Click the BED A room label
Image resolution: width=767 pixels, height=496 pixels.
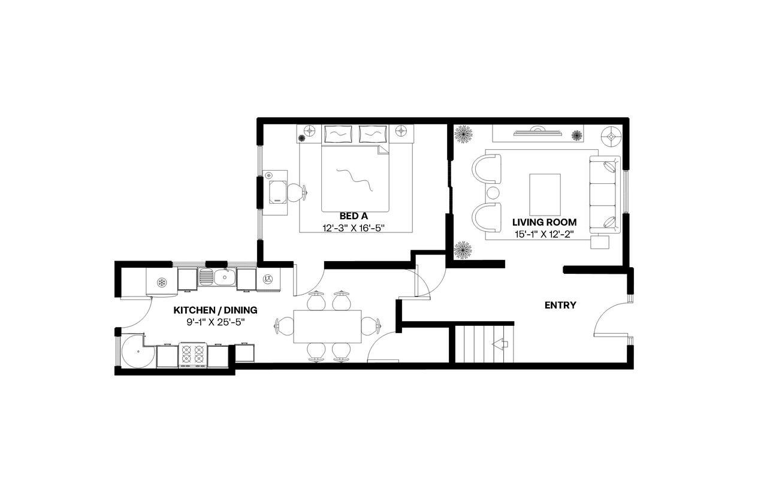click(x=353, y=216)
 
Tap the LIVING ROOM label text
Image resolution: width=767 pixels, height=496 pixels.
click(x=544, y=223)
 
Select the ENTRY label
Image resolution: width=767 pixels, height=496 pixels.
click(x=560, y=306)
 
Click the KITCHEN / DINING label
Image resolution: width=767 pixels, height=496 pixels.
click(x=215, y=310)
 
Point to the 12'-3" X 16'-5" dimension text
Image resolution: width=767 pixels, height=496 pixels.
click(x=353, y=228)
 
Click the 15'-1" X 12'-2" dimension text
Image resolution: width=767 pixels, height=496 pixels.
click(x=544, y=234)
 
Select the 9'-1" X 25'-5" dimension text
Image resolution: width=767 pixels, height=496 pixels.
click(x=215, y=322)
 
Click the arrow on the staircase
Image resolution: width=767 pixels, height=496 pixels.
click(x=500, y=344)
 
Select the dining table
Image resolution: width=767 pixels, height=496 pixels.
click(x=327, y=326)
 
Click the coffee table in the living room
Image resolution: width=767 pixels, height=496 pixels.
click(x=545, y=195)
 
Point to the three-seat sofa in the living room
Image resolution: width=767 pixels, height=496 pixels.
click(x=603, y=195)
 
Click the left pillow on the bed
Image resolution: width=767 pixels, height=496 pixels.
click(x=338, y=134)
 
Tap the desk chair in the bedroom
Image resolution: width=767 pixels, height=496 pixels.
click(x=295, y=192)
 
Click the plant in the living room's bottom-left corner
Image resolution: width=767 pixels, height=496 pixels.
click(x=462, y=249)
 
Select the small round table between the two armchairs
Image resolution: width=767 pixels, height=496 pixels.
click(x=493, y=193)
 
